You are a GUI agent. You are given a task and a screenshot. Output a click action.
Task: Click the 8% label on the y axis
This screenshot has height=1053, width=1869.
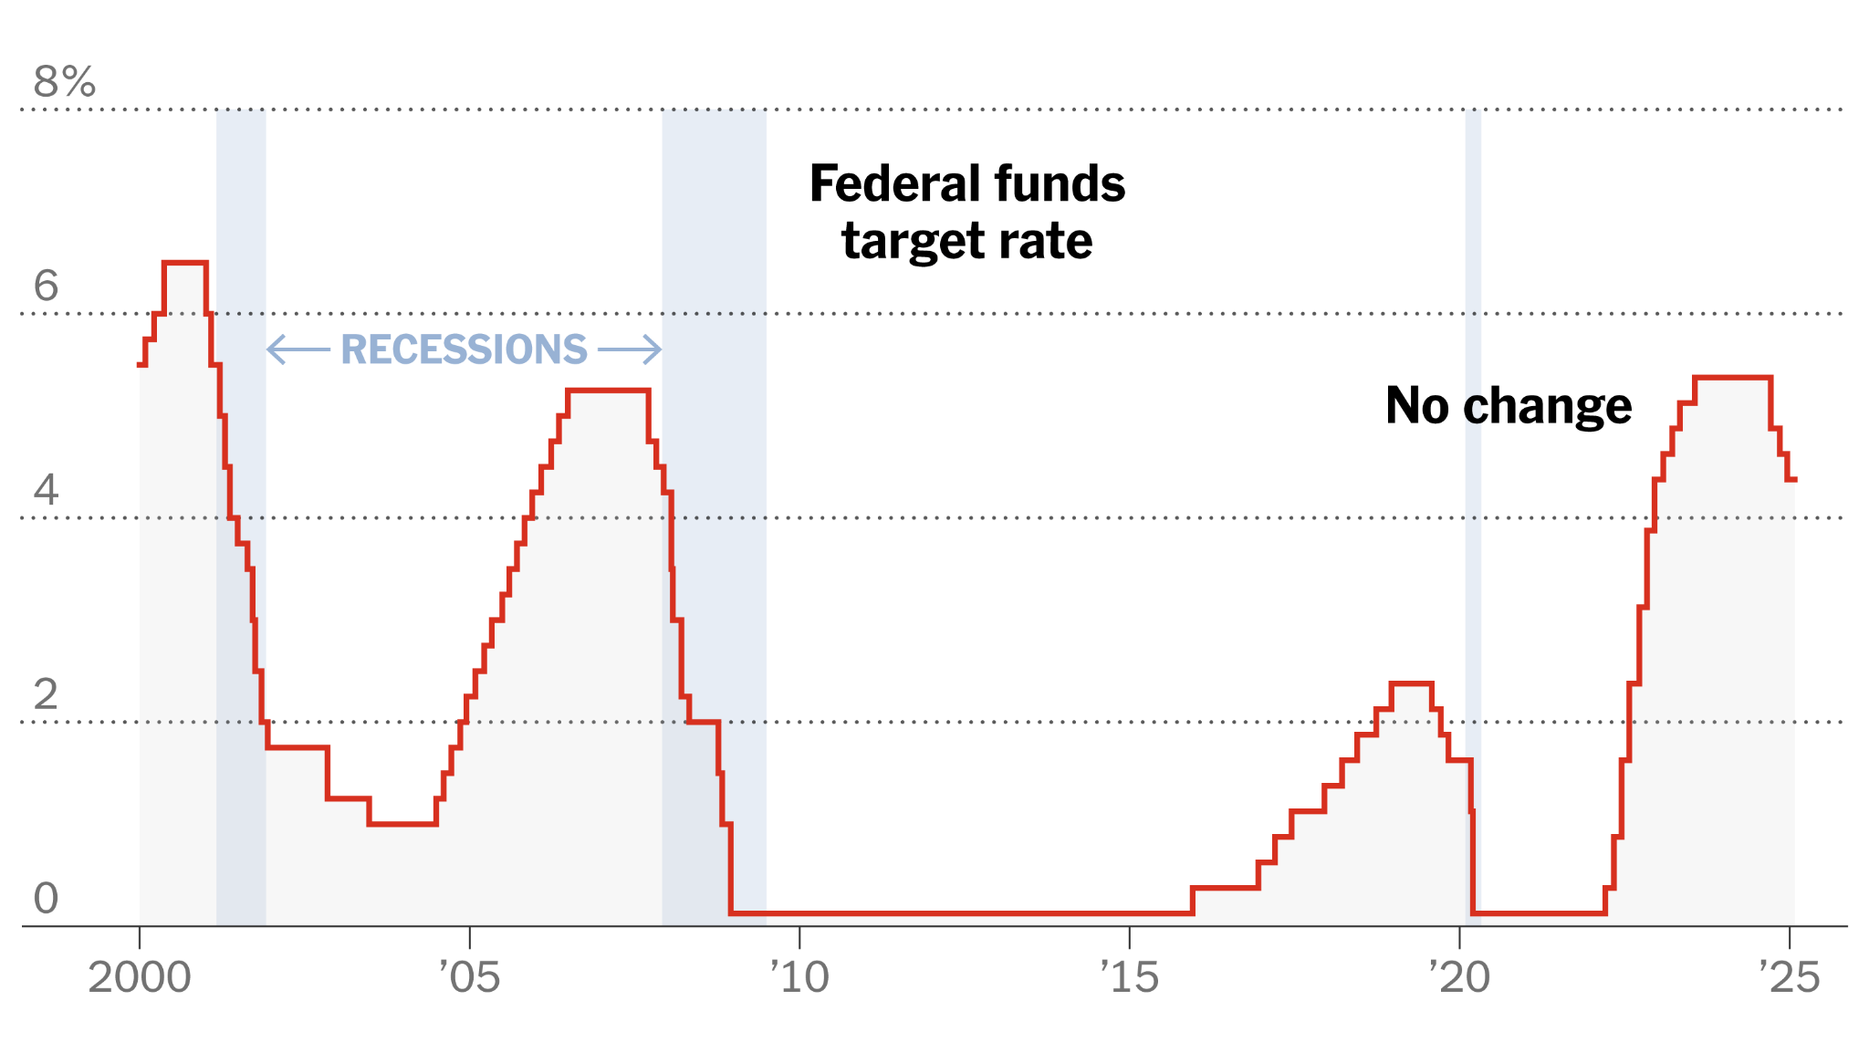(64, 82)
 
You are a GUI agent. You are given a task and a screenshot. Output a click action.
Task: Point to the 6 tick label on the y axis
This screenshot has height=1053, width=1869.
(46, 286)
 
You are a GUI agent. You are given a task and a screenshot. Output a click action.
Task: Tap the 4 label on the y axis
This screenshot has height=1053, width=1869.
(46, 490)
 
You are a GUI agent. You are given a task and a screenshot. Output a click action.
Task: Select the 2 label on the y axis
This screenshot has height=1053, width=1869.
(46, 694)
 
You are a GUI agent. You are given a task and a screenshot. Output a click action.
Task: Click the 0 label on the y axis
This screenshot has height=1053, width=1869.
(46, 899)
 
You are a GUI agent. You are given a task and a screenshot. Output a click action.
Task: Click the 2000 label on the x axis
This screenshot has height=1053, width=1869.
(139, 978)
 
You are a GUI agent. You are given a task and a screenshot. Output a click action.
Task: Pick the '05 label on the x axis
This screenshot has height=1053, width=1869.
(469, 978)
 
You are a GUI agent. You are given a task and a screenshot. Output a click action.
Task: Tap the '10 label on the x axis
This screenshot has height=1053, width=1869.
(799, 978)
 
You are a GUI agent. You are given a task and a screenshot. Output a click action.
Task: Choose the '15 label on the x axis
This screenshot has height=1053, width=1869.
(1130, 978)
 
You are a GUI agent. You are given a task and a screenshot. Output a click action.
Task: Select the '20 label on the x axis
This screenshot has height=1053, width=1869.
(1459, 978)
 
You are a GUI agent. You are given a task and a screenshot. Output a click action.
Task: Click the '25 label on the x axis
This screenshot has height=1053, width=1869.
(1789, 978)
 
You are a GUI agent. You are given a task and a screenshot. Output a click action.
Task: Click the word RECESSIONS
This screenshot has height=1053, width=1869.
(464, 349)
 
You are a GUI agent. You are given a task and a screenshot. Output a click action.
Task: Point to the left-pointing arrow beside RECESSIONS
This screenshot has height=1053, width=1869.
(298, 349)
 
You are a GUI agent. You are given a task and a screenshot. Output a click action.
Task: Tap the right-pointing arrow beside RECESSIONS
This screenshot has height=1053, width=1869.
(630, 349)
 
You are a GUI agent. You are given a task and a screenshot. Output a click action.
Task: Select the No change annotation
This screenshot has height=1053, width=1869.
(1508, 406)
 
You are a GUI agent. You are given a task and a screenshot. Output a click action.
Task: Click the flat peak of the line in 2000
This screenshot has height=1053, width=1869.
(184, 263)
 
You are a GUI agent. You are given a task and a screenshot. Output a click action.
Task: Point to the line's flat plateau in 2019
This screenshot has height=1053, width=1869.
(1411, 683)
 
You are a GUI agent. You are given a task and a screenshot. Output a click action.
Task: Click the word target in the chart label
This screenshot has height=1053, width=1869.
(912, 242)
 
